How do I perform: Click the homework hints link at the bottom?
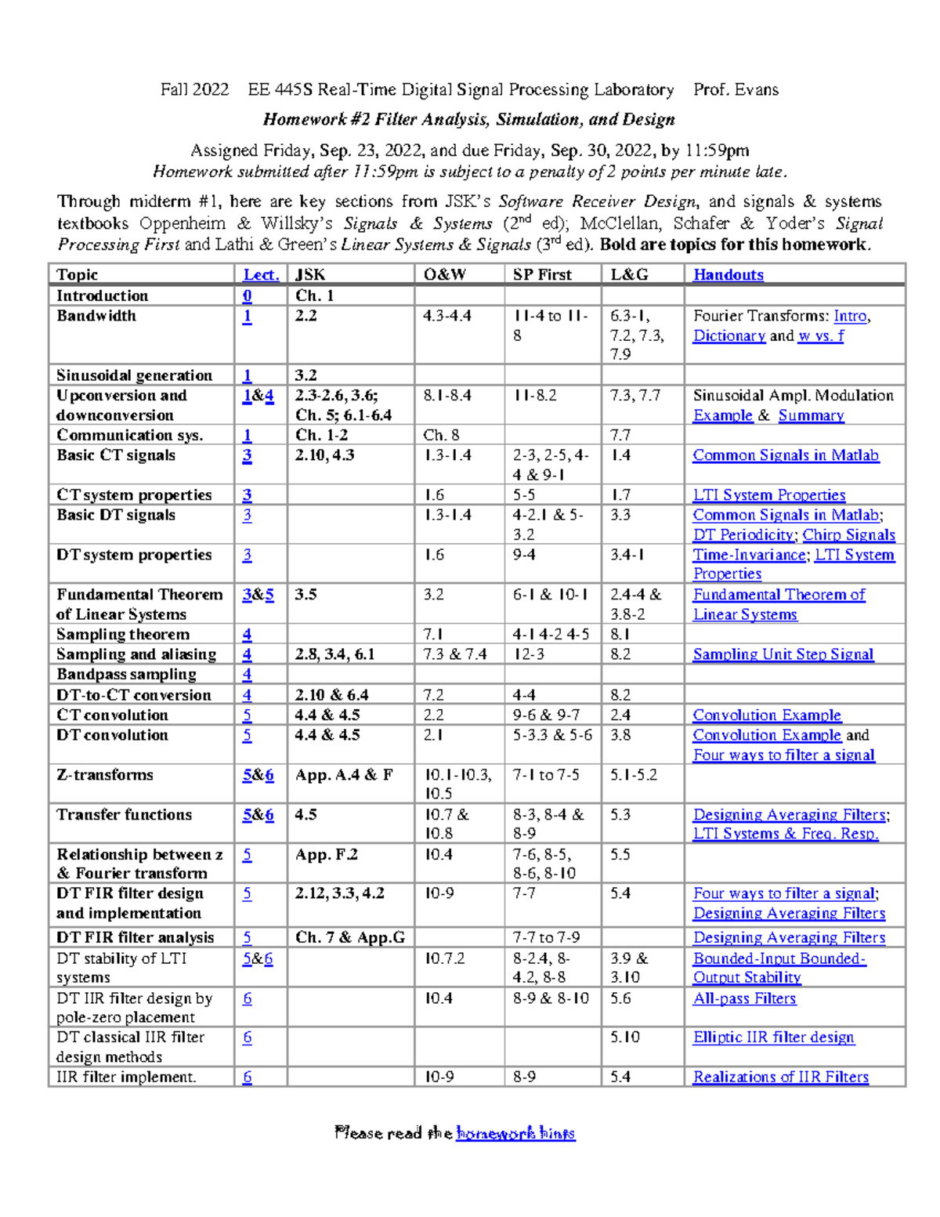pyautogui.click(x=515, y=1133)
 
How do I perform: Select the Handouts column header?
pyautogui.click(x=728, y=275)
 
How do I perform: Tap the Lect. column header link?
pyautogui.click(x=261, y=275)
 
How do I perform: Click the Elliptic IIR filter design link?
pyautogui.click(x=773, y=1038)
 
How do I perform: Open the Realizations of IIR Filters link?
pyautogui.click(x=780, y=1078)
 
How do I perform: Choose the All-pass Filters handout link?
pyautogui.click(x=744, y=998)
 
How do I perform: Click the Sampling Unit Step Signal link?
pyautogui.click(x=783, y=654)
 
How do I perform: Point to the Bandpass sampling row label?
pyautogui.click(x=126, y=675)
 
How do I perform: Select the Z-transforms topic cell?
pyautogui.click(x=105, y=775)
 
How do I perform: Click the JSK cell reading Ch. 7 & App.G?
pyautogui.click(x=349, y=938)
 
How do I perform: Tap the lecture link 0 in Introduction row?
pyautogui.click(x=247, y=296)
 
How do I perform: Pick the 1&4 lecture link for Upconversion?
pyautogui.click(x=258, y=396)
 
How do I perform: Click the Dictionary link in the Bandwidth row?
pyautogui.click(x=728, y=336)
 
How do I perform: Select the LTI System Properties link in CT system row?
pyautogui.click(x=768, y=495)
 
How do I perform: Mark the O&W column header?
pyautogui.click(x=444, y=275)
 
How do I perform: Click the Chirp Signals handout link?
pyautogui.click(x=848, y=535)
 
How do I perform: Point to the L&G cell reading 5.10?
pyautogui.click(x=625, y=1038)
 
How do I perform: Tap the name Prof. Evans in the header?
pyautogui.click(x=736, y=90)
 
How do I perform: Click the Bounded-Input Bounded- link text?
pyautogui.click(x=779, y=958)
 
